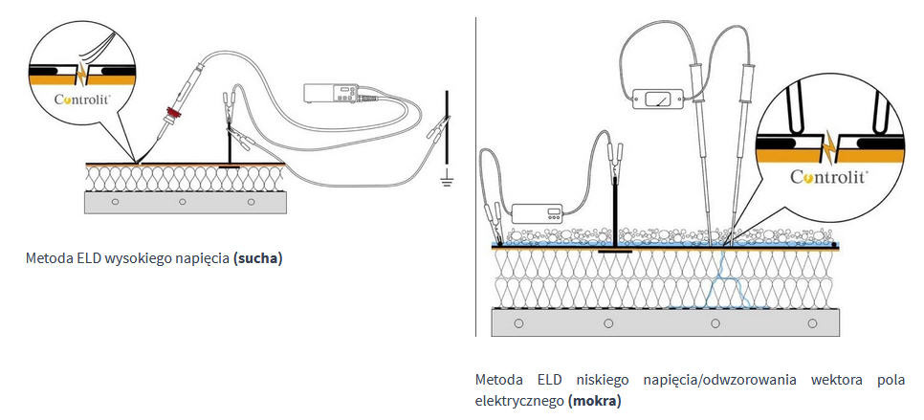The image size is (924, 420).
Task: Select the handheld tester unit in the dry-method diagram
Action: tap(331, 93)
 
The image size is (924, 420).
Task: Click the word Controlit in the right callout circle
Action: tap(829, 177)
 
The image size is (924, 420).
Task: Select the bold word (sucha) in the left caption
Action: tap(258, 258)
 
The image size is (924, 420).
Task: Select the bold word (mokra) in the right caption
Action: tap(594, 400)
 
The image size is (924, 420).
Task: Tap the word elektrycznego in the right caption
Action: tap(519, 400)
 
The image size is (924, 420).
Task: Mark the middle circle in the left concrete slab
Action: tap(183, 202)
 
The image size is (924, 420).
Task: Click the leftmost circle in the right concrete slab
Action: tap(518, 323)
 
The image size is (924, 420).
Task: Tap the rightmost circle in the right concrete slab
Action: tap(811, 323)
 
